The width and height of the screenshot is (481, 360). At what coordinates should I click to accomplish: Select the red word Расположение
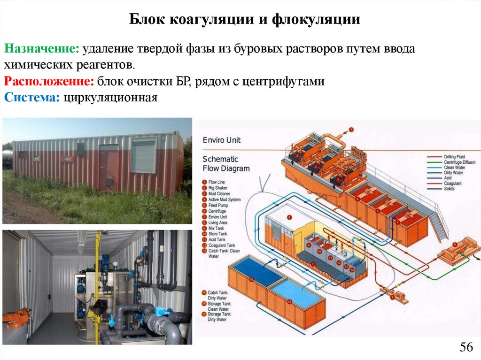[x=49, y=81]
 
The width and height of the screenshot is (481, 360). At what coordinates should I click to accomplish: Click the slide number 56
[x=465, y=347]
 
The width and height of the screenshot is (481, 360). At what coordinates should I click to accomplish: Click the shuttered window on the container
[x=143, y=156]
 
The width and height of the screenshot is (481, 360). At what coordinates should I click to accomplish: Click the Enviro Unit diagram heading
[x=221, y=140]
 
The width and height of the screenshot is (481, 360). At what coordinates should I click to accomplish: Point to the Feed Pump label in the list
[x=218, y=205]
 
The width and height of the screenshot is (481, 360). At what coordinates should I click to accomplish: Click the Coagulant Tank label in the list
[x=222, y=245]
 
